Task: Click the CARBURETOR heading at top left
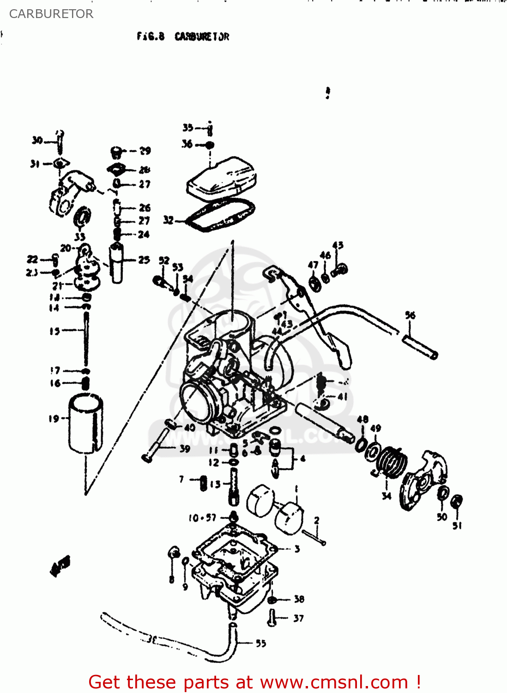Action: [51, 14]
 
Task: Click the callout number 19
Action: [54, 419]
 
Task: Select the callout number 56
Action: [410, 315]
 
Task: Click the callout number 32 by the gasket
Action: [169, 220]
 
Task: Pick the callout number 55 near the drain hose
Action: [261, 643]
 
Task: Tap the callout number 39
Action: [185, 448]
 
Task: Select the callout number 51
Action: [457, 525]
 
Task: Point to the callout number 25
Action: [144, 260]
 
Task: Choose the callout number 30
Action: [37, 140]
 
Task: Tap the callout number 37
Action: [298, 618]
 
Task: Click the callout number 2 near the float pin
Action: [317, 520]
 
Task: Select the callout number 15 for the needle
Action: [54, 331]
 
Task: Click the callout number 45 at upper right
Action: [338, 245]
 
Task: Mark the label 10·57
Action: [202, 518]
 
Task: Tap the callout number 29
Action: [145, 151]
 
